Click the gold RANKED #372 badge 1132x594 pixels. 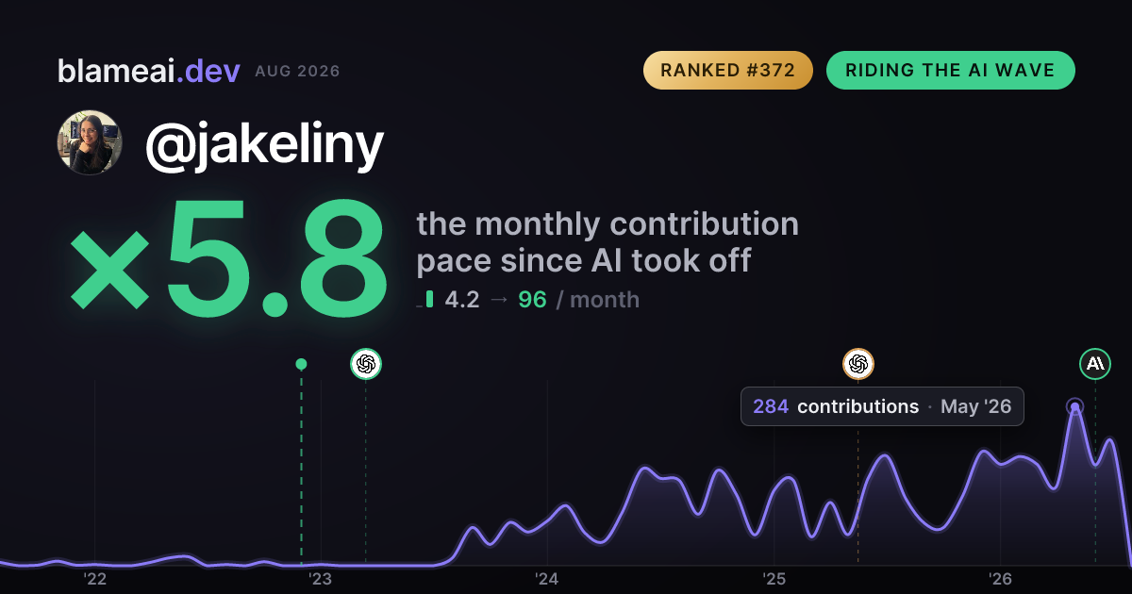[727, 70]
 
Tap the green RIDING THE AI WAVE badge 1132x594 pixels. [951, 70]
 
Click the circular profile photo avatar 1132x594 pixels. [90, 142]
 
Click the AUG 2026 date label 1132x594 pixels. [297, 72]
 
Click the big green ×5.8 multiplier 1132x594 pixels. [228, 258]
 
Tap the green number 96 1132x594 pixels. [532, 300]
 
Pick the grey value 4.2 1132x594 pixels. [462, 300]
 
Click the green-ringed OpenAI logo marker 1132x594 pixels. [366, 364]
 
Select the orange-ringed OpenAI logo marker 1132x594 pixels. [858, 364]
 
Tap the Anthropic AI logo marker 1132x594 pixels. [1095, 364]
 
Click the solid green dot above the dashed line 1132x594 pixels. [301, 364]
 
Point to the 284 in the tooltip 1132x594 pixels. [771, 406]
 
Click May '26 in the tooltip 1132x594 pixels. [975, 406]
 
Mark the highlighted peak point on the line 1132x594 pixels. [1074, 406]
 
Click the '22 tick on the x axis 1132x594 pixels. [94, 579]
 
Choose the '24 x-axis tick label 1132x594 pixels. [547, 579]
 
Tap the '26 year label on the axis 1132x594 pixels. [1000, 579]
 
